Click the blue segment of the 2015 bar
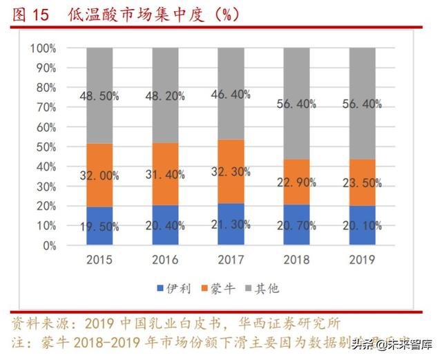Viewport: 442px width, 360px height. click(99, 226)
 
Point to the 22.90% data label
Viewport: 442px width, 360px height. click(297, 182)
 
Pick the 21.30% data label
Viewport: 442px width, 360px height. click(231, 224)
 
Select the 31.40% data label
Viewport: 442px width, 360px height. click(164, 176)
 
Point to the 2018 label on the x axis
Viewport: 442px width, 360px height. click(296, 260)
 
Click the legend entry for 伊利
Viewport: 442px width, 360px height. click(169, 288)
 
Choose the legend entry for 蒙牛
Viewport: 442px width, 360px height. click(219, 288)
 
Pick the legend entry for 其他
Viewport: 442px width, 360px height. click(269, 288)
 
